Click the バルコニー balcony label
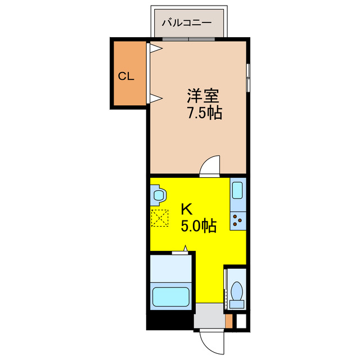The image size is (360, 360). (187, 23)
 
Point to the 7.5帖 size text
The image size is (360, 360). (204, 113)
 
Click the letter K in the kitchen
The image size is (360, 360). (186, 209)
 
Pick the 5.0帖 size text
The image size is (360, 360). (199, 226)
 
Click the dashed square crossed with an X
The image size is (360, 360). (159, 218)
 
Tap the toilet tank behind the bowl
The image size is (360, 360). (237, 304)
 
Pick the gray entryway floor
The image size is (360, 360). (209, 319)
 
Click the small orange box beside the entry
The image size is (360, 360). (228, 321)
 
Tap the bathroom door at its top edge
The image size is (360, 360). (181, 253)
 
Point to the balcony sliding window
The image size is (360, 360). (188, 39)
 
